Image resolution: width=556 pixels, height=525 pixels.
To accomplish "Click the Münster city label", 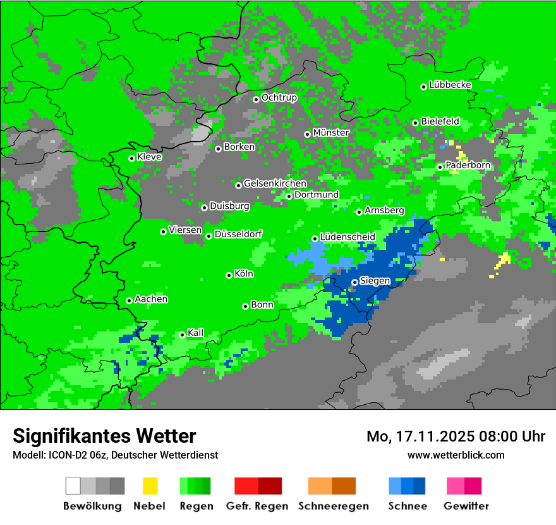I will click(x=331, y=133).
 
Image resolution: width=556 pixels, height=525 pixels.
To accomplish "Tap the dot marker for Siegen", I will click(x=354, y=282).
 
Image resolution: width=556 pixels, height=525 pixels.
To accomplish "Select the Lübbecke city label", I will click(x=450, y=85).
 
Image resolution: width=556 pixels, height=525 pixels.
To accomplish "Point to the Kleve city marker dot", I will click(x=131, y=158).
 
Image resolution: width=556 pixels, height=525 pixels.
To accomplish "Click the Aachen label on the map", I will click(x=151, y=299).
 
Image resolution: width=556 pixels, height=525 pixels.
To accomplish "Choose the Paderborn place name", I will click(x=468, y=165).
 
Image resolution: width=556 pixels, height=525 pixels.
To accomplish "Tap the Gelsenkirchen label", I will click(x=275, y=183).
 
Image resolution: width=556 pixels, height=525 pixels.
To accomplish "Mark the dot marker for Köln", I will click(x=229, y=275).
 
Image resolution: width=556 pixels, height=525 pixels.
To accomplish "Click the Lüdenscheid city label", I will click(x=347, y=237).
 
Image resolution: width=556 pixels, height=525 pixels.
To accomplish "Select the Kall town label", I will click(x=196, y=333).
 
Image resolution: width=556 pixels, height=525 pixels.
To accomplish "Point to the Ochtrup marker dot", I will click(x=256, y=99).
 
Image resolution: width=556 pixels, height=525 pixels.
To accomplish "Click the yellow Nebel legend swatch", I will click(x=150, y=486).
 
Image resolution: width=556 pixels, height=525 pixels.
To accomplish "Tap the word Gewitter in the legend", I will click(x=466, y=506).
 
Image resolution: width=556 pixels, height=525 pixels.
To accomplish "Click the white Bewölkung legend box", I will click(x=73, y=486).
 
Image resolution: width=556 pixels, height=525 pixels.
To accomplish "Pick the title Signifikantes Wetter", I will click(x=104, y=436).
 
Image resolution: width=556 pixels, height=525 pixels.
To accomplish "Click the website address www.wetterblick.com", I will click(x=456, y=455).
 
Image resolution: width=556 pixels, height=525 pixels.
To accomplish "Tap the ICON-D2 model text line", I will click(x=115, y=455).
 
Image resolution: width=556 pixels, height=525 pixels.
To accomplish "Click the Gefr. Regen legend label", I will click(x=257, y=506).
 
